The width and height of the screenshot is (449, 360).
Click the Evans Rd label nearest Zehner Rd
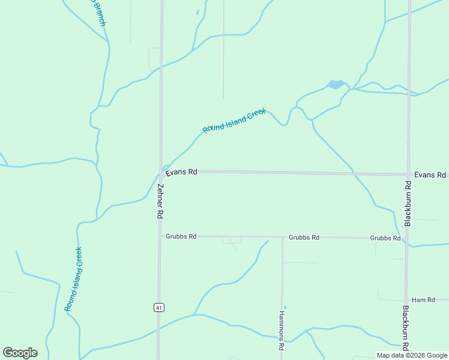coord(181,172)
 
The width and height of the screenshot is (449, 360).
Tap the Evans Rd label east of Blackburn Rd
coord(430,175)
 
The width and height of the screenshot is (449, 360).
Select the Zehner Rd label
coord(160,201)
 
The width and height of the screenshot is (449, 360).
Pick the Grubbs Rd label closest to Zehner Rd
coord(181,236)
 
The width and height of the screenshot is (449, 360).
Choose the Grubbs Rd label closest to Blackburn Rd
coord(385,238)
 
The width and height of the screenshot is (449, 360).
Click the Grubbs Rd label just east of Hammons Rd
coord(304,238)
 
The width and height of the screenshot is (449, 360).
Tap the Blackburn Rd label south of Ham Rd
coord(406,328)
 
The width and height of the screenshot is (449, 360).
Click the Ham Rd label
coord(423,299)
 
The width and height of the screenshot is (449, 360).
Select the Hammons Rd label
coord(281,330)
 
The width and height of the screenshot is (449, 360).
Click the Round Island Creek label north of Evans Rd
coord(234,121)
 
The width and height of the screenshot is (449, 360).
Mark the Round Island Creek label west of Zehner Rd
coord(74,278)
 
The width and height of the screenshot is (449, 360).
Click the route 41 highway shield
coord(158,307)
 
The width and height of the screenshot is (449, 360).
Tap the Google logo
coord(20,353)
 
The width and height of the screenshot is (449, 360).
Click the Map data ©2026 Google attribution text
coord(411,355)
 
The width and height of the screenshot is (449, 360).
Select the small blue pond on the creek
coord(335,85)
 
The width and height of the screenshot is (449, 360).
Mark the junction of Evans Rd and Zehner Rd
coord(161,172)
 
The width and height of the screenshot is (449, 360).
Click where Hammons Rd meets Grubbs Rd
coord(282,237)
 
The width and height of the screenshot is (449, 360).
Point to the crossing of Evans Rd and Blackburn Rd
coord(409,175)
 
